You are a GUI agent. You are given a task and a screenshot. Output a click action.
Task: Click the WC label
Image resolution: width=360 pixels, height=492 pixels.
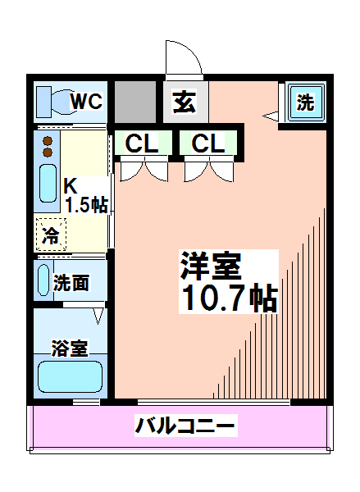(85, 102)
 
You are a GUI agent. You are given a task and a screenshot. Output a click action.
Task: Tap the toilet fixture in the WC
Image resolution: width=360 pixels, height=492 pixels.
(54, 101)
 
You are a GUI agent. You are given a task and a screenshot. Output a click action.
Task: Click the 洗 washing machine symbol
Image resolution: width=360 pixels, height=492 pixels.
(305, 102)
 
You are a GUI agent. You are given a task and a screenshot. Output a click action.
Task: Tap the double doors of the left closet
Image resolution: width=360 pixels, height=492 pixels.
(143, 170)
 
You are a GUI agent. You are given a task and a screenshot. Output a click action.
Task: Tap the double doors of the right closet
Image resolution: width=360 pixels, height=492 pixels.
(207, 170)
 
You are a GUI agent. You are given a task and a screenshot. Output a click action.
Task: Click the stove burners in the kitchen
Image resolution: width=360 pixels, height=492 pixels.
(48, 148)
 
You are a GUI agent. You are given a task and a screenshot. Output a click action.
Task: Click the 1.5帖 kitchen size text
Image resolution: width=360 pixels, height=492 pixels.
(86, 205)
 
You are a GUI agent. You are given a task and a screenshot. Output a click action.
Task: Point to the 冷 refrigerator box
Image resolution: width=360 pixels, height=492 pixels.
(50, 235)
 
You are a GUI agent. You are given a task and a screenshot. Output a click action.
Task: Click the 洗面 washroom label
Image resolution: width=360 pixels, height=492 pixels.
(71, 284)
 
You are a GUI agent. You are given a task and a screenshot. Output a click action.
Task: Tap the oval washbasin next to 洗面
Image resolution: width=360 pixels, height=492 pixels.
(43, 280)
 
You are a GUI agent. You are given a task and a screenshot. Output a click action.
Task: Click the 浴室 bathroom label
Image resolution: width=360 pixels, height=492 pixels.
(70, 348)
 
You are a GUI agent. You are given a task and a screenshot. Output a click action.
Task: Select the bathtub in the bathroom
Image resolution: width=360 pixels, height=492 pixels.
(69, 379)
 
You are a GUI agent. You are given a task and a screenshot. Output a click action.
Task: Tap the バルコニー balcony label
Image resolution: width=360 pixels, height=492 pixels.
(185, 426)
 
